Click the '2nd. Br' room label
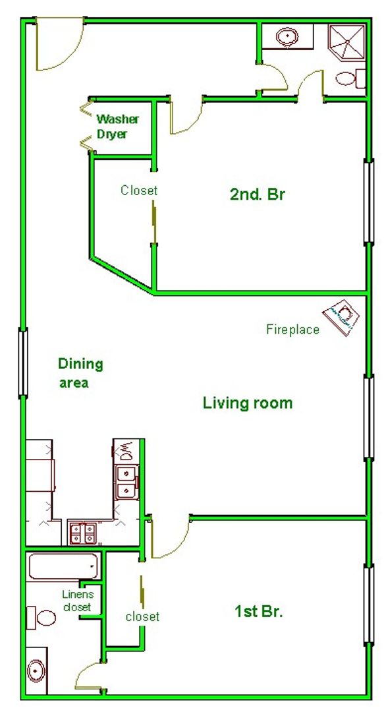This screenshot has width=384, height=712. coord(258,194)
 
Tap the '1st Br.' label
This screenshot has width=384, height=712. coord(259,612)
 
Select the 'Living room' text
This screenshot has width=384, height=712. coord(248,403)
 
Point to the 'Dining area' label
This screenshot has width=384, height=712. coord(80,373)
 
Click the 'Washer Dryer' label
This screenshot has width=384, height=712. coord(117,127)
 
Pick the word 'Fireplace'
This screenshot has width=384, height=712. coord(292,329)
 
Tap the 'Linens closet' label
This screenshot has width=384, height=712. coord(78,601)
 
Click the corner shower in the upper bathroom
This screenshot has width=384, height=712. coord(346,42)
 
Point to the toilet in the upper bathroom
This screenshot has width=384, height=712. coord(350,78)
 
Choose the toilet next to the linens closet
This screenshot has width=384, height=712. coord(41,618)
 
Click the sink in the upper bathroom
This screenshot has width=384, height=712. coord(288,36)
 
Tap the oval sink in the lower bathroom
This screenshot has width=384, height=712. coord(36,670)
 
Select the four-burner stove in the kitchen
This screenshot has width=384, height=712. coord(82,533)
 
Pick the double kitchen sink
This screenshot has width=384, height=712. coord(126,482)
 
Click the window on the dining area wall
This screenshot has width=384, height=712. coord(23,363)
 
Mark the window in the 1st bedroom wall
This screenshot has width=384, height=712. coord(369,604)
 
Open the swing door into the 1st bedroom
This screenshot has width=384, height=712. coord(169,539)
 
